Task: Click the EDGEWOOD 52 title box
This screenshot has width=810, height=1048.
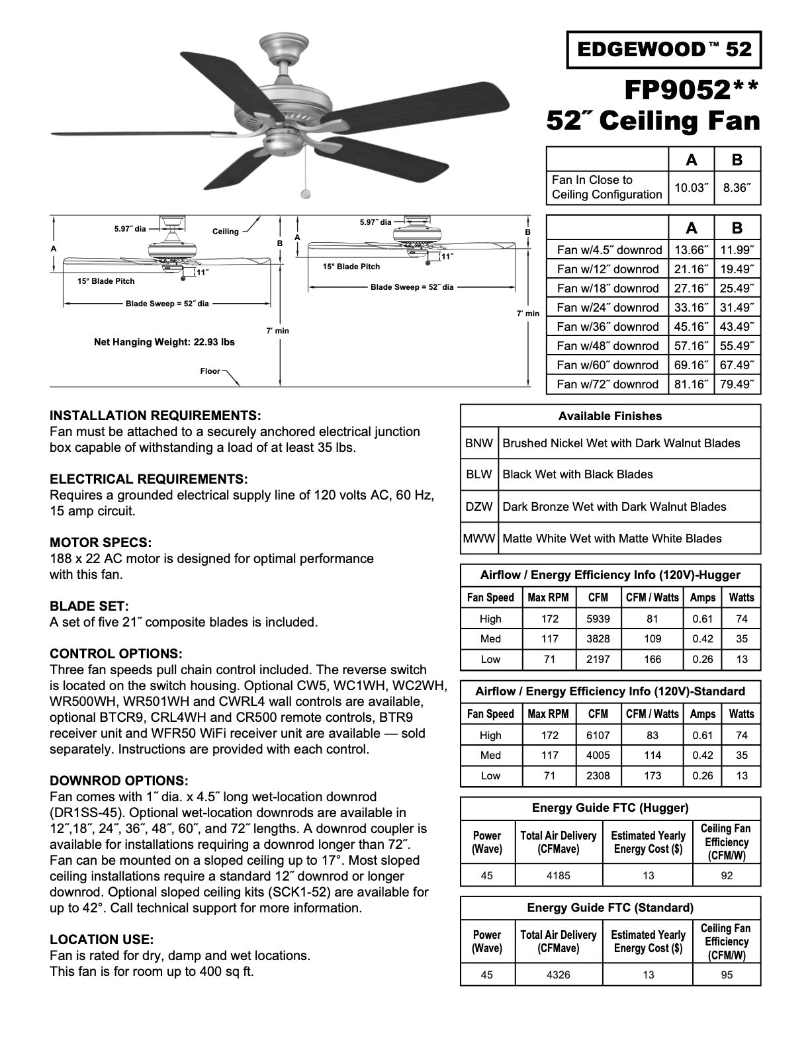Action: (664, 50)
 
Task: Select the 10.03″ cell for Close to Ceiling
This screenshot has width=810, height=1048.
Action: (691, 188)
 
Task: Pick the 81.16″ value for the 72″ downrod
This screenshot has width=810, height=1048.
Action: (691, 384)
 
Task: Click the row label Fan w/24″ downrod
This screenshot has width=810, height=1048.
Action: (607, 308)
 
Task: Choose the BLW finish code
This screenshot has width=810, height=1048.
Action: (478, 474)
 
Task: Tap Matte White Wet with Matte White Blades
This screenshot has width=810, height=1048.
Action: (611, 539)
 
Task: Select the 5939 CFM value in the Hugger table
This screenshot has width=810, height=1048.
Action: (598, 619)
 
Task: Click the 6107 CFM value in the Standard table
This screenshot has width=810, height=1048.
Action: (598, 736)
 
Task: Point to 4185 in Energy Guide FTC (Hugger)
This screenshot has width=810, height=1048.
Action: (558, 876)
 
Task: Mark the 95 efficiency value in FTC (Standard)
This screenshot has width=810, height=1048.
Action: (726, 975)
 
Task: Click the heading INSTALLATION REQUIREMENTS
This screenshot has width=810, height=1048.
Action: (155, 416)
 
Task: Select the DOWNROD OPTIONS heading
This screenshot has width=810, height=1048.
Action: (118, 781)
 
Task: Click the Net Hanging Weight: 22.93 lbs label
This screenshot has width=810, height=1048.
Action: (164, 343)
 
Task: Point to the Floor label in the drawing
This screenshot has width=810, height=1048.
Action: (210, 371)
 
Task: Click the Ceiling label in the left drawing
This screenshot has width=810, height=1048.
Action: (225, 232)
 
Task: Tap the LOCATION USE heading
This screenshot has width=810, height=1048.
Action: (101, 940)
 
